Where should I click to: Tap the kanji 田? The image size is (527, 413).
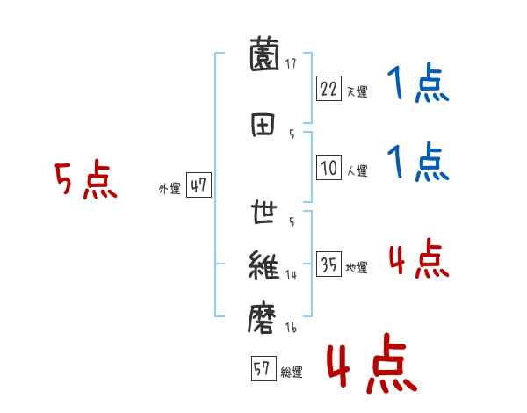click(x=264, y=124)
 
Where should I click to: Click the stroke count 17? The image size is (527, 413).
click(x=291, y=63)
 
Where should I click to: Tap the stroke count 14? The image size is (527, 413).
click(x=291, y=275)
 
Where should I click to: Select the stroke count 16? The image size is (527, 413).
click(x=291, y=327)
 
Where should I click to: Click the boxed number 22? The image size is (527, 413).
click(x=328, y=88)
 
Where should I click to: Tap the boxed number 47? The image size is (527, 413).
click(x=199, y=185)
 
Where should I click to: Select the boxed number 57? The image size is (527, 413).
click(x=263, y=369)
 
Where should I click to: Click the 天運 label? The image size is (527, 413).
click(x=357, y=91)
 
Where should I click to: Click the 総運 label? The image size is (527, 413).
click(x=291, y=373)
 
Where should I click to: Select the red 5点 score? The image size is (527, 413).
click(x=85, y=181)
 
